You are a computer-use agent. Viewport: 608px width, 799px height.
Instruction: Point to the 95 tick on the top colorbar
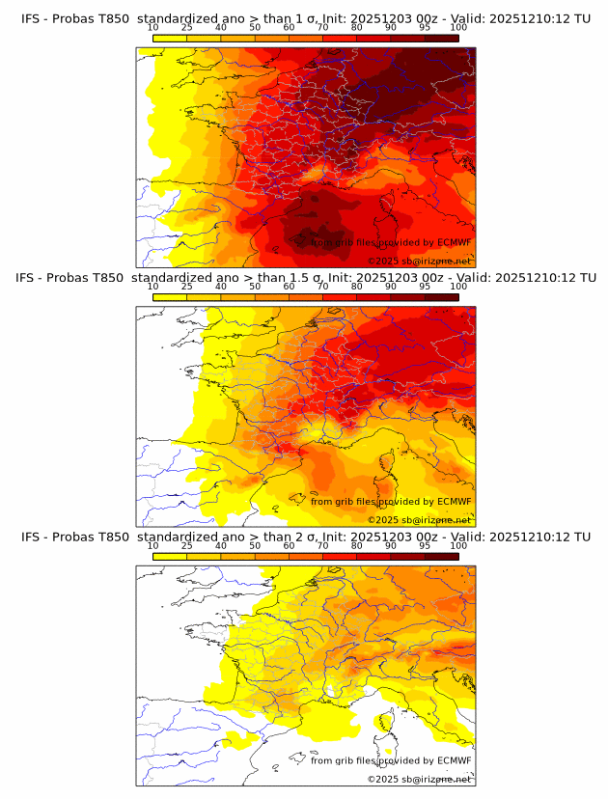(x=425, y=27)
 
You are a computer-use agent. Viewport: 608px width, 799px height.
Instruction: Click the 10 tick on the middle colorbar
(x=152, y=287)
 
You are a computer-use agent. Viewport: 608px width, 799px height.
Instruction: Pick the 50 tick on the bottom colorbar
(x=255, y=545)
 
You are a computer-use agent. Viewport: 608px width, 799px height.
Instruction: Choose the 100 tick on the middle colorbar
(x=458, y=287)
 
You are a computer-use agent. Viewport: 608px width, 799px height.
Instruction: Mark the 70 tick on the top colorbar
(x=322, y=27)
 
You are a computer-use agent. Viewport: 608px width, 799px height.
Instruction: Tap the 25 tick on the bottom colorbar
(x=186, y=545)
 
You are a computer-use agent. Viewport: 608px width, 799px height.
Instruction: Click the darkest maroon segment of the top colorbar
(x=441, y=38)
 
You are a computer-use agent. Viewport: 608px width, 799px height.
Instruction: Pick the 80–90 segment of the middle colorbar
(x=373, y=296)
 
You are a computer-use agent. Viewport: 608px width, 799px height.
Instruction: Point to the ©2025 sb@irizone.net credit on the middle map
(x=420, y=520)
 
